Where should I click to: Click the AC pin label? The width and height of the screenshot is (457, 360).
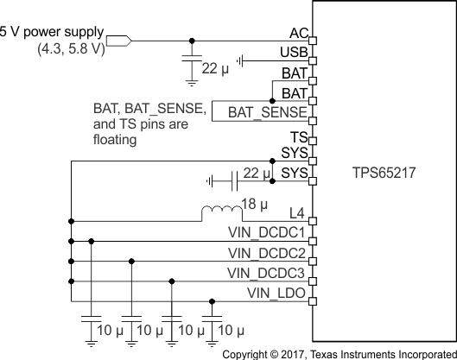[298, 32]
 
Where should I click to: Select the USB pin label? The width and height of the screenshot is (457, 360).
[295, 53]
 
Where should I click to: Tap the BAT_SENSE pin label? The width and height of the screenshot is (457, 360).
[267, 112]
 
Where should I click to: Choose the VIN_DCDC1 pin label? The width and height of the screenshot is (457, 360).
[267, 233]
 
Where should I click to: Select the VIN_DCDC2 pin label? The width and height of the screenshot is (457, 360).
[267, 253]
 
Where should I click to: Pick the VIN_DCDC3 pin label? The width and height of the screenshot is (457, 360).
[267, 273]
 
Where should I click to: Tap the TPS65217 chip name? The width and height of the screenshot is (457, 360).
[385, 171]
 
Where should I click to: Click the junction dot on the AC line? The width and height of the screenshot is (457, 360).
[191, 40]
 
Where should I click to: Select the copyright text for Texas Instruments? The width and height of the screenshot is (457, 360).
[340, 353]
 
